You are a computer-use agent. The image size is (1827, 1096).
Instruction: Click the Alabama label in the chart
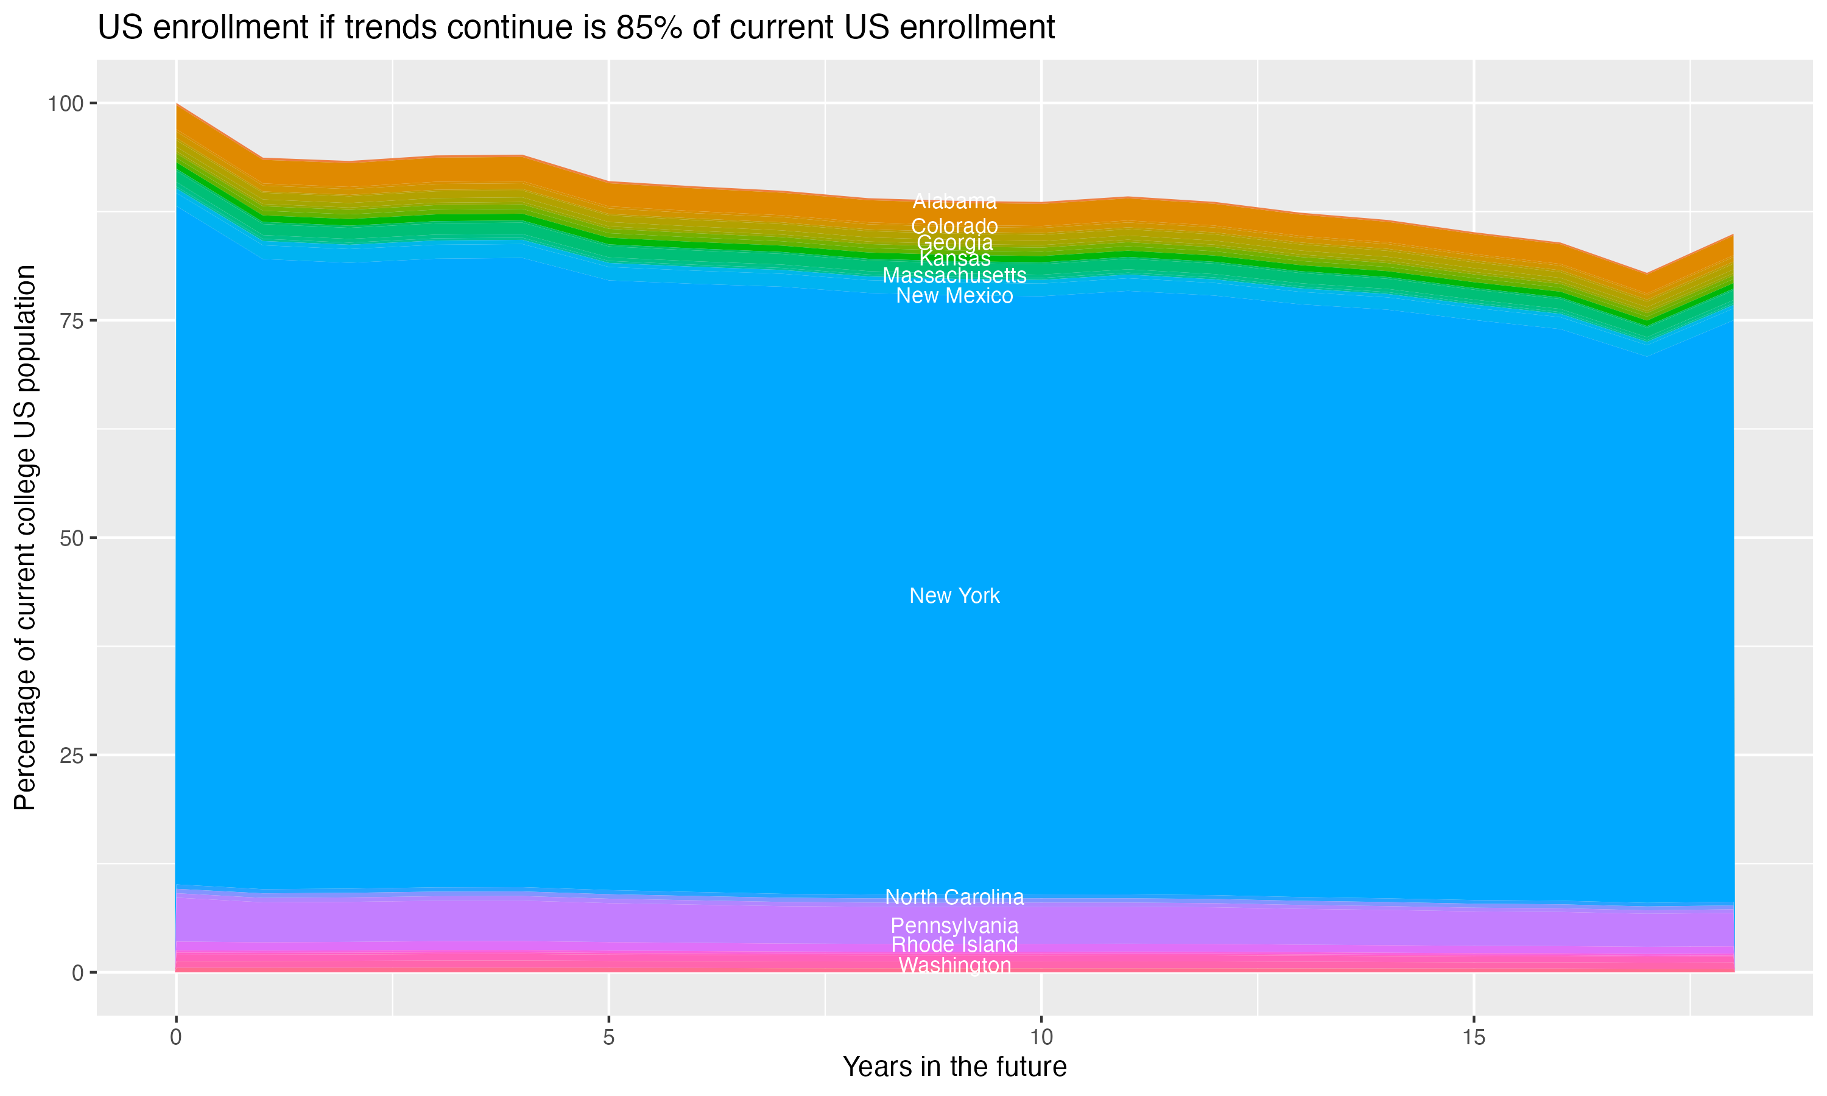[x=954, y=201]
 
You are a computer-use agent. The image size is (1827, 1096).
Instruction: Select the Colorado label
[x=954, y=226]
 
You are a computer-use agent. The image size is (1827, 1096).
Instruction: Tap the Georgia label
[x=954, y=242]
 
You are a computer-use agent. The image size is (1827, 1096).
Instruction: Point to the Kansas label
[x=954, y=259]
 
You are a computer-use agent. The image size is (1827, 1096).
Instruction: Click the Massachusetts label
[x=954, y=275]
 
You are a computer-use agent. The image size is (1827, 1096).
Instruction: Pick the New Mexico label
[x=954, y=295]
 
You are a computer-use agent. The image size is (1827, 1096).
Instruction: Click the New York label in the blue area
[x=954, y=595]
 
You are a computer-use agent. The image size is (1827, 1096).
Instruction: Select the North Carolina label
[x=954, y=897]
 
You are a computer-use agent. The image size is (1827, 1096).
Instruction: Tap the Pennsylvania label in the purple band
[x=954, y=926]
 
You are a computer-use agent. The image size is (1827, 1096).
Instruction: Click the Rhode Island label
[x=954, y=944]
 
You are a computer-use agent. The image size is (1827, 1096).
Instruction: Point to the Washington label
[x=954, y=964]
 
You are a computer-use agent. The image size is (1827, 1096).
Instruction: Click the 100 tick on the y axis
[x=65, y=104]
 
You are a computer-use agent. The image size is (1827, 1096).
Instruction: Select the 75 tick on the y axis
[x=71, y=320]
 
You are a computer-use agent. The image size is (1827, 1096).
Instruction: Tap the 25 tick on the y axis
[x=71, y=755]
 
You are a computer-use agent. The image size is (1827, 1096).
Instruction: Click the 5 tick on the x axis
[x=608, y=1038]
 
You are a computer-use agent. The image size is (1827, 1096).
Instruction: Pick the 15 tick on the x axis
[x=1473, y=1038]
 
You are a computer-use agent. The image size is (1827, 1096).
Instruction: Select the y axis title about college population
[x=25, y=538]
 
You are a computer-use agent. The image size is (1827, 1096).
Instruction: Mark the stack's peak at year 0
[x=177, y=104]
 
